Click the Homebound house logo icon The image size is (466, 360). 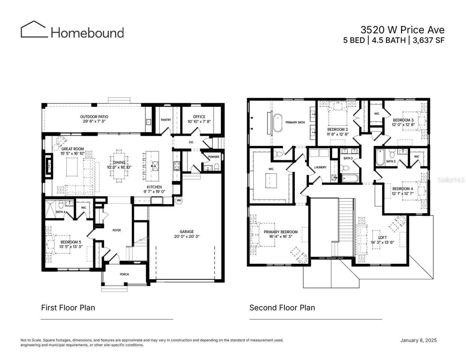tap(34, 29)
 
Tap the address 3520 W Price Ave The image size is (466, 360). tap(402, 30)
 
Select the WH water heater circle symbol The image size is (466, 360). tap(179, 200)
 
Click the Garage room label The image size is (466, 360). tap(187, 232)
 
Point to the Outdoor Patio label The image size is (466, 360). tap(94, 117)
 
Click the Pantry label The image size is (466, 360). tap(166, 120)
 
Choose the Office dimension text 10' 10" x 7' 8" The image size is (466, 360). tap(199, 121)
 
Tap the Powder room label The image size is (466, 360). tap(214, 157)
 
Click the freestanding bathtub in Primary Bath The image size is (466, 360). tap(278, 122)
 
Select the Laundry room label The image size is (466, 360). tap(320, 167)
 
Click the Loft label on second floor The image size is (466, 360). tap(382, 238)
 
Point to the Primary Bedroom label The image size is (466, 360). tap(281, 232)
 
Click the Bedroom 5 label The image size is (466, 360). tap(71, 242)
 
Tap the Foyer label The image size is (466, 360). tap(116, 230)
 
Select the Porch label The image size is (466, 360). tap(124, 274)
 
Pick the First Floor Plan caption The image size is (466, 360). tap(68, 308)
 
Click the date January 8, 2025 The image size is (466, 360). tap(418, 340)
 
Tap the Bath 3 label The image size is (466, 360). tap(391, 161)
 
